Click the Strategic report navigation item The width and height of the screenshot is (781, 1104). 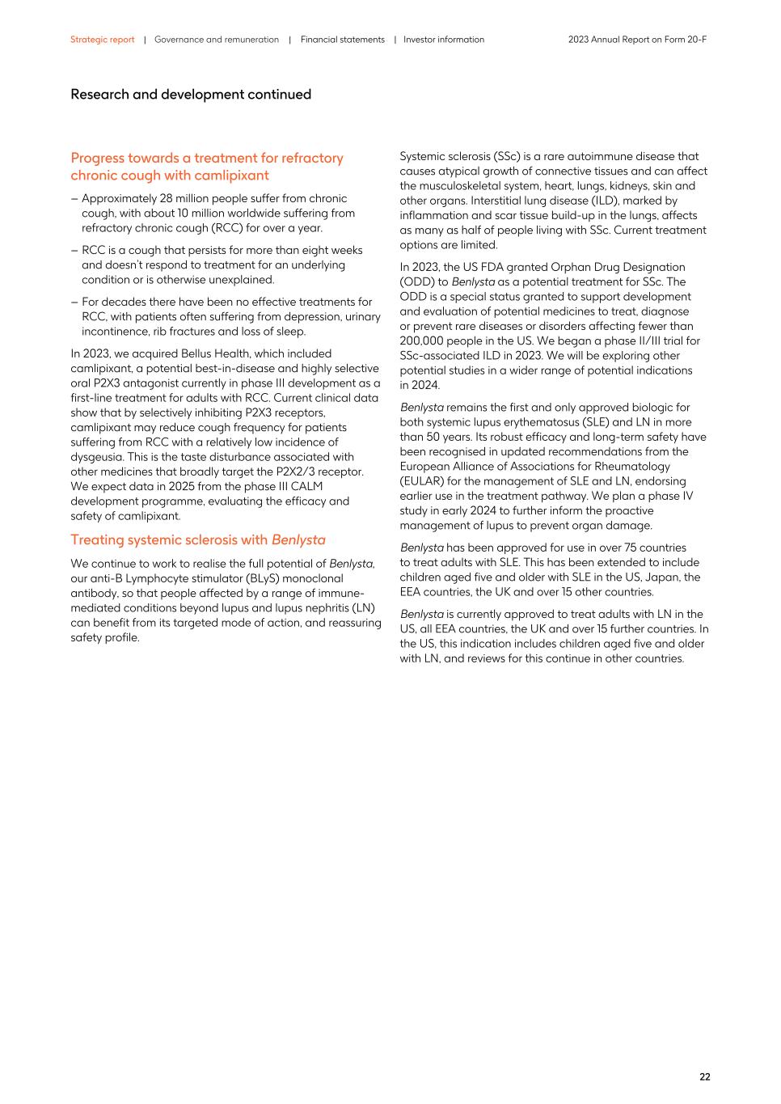102,40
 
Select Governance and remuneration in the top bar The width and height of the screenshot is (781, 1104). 217,40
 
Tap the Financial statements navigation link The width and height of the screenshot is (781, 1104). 343,40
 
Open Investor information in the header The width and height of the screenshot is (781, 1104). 444,40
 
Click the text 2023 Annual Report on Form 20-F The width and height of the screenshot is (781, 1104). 637,40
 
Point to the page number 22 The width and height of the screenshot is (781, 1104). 704,1077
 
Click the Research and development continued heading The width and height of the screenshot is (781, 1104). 191,95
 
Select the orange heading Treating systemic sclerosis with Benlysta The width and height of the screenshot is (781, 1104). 198,539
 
